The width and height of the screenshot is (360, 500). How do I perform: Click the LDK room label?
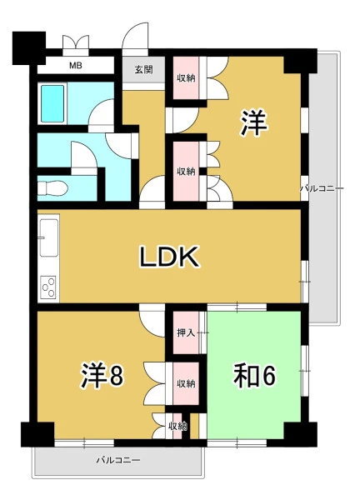click(x=170, y=257)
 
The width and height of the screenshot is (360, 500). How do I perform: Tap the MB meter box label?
click(x=76, y=66)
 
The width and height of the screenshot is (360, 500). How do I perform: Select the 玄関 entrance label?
click(x=143, y=69)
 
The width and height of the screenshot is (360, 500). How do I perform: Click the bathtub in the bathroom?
click(x=52, y=103)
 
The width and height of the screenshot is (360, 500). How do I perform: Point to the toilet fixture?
click(x=52, y=188)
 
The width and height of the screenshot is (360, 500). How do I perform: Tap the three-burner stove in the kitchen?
click(x=48, y=287)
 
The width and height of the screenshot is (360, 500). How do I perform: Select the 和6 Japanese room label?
click(x=254, y=376)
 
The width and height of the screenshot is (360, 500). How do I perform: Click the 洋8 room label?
click(x=102, y=375)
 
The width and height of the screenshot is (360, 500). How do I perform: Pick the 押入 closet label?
click(x=186, y=332)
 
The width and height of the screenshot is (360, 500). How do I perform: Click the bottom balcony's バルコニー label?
click(x=118, y=460)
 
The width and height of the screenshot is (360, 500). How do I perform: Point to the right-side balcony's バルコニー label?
click(x=322, y=188)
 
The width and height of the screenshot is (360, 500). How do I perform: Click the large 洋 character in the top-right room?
click(x=254, y=123)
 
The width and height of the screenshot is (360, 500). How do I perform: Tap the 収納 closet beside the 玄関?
click(x=186, y=77)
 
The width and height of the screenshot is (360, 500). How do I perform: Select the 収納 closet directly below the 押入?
click(x=186, y=384)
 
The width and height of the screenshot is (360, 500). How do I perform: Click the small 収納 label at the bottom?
click(x=177, y=426)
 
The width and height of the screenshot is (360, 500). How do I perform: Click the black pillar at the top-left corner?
click(x=29, y=47)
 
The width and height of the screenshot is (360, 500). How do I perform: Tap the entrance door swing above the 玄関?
click(x=136, y=36)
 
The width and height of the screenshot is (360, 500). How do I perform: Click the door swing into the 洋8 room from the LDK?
click(x=152, y=320)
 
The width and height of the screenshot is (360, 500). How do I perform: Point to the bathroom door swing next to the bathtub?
click(x=101, y=116)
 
